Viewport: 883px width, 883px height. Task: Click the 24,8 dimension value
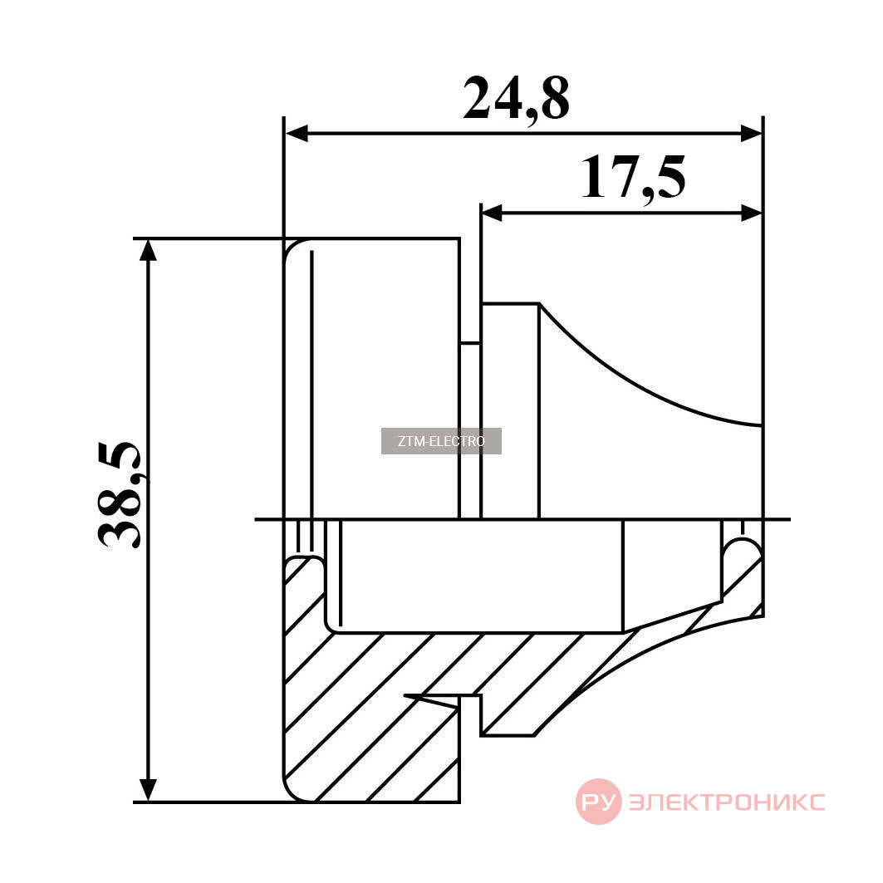pos(516,100)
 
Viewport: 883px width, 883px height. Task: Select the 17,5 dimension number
pos(634,179)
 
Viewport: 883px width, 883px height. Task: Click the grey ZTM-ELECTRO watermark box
pos(441,441)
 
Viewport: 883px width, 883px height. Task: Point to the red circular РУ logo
pos(599,802)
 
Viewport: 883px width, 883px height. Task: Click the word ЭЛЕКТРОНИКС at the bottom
pos(727,802)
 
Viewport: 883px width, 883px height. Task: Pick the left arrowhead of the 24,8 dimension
pos(297,134)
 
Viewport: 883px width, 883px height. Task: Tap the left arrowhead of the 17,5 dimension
pos(493,213)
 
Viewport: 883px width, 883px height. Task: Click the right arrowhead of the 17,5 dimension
pos(751,213)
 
